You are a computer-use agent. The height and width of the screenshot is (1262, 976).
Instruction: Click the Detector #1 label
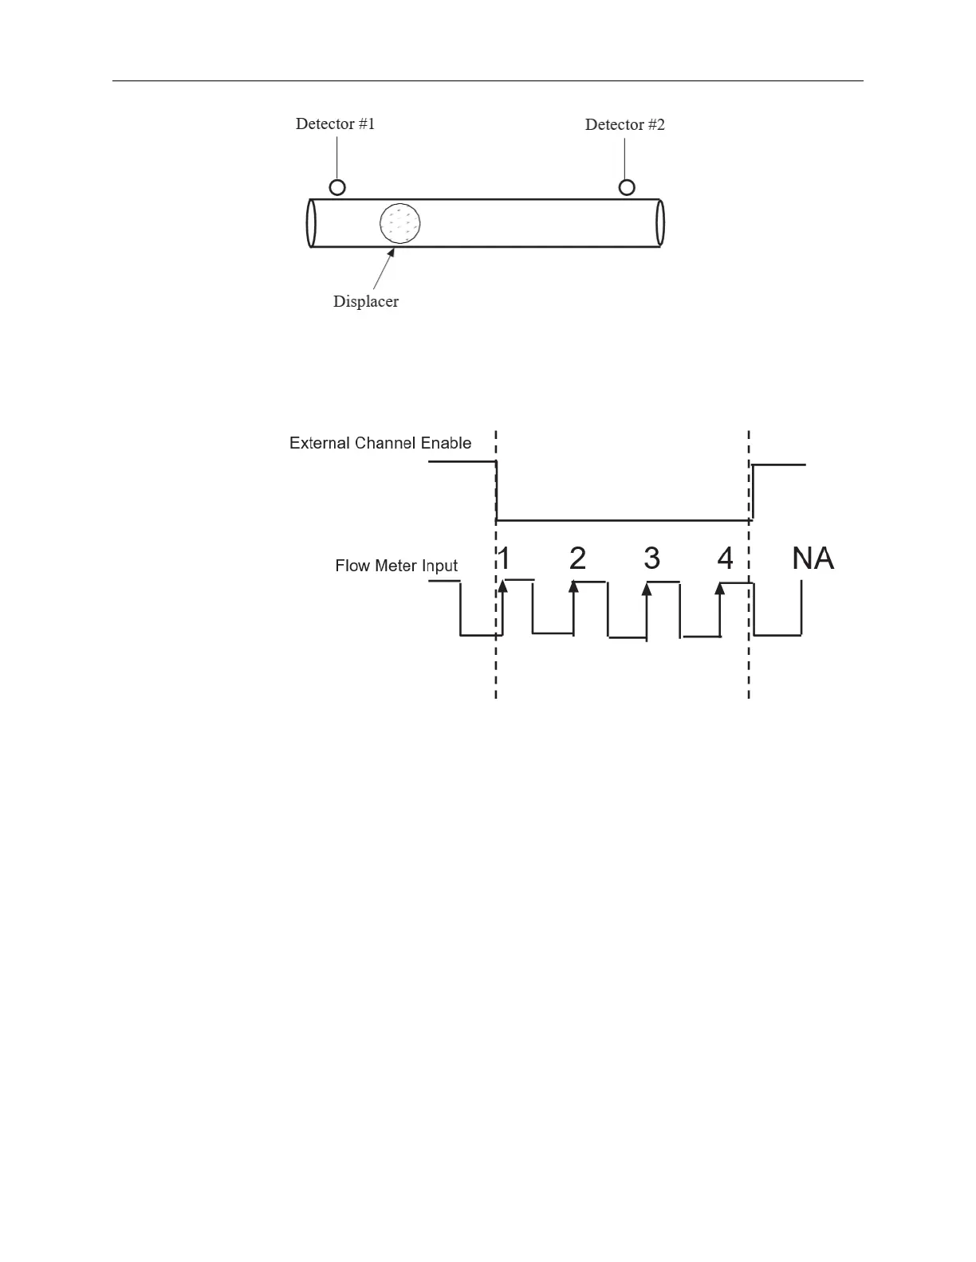(335, 123)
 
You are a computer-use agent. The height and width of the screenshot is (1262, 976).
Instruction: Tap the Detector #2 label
(624, 124)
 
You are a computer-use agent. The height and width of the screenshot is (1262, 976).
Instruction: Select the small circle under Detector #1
(337, 187)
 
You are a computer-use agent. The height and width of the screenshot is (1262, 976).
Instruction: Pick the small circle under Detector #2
(628, 187)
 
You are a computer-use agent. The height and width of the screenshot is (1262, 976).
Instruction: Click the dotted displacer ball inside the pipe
(399, 222)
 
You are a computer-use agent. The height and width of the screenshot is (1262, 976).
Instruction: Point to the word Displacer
(365, 301)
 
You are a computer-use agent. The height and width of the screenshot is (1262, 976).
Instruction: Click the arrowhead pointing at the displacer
(392, 253)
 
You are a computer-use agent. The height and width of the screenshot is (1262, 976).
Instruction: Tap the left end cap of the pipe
(312, 223)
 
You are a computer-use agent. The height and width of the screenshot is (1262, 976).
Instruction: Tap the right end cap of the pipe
(659, 223)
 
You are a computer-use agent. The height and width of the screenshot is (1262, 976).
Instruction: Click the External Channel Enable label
(380, 443)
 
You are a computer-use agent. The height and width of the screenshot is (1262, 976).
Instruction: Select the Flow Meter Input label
(396, 566)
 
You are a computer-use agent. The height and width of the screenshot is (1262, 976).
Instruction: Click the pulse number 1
(504, 558)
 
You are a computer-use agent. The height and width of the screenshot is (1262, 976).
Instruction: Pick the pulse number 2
(578, 558)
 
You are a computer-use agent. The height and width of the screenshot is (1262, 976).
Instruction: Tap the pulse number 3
(651, 558)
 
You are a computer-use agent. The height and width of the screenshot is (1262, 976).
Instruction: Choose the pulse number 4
(725, 558)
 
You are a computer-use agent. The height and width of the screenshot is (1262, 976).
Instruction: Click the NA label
(813, 558)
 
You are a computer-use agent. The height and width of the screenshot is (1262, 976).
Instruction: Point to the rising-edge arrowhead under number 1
(502, 587)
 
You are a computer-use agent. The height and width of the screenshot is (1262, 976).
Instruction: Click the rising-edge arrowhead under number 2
(573, 587)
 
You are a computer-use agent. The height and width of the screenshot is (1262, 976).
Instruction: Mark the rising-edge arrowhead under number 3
(647, 589)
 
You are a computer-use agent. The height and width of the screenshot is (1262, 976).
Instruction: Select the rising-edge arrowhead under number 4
(720, 589)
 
